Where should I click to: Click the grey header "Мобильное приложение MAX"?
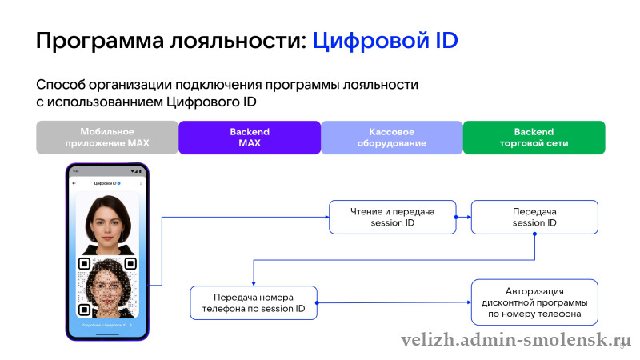coord(106,137)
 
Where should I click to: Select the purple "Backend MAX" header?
coord(249,137)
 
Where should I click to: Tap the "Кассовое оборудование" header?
coord(392,137)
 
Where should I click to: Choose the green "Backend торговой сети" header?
coord(534,137)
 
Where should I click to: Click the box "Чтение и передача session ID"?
coord(392,217)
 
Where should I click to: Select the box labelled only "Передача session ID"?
coord(534,217)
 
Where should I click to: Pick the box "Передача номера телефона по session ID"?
coord(254,302)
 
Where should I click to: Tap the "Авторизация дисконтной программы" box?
coord(534,302)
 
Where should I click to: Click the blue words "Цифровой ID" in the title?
coord(385,40)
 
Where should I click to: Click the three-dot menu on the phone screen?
coord(141,183)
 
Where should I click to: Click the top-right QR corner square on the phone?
coord(130,263)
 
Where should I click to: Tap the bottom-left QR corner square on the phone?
coord(83,308)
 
